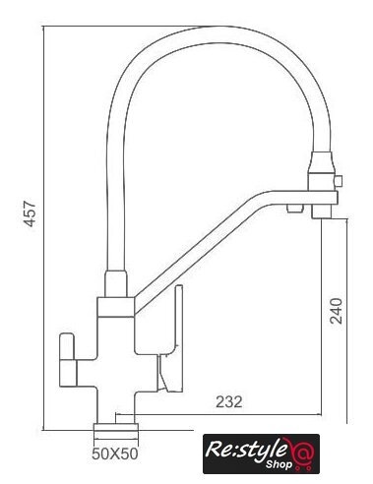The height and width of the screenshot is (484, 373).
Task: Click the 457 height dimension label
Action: coord(31,213)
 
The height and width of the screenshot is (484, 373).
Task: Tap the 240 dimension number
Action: coord(336,311)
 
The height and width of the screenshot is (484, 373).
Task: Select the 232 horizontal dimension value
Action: coord(229,402)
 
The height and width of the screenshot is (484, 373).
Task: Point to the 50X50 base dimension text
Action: coord(115,454)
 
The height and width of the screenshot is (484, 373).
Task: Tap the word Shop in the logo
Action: coord(279,464)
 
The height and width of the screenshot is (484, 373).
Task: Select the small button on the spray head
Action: coord(338,181)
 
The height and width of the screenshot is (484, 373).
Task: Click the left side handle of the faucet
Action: coord(67,360)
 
